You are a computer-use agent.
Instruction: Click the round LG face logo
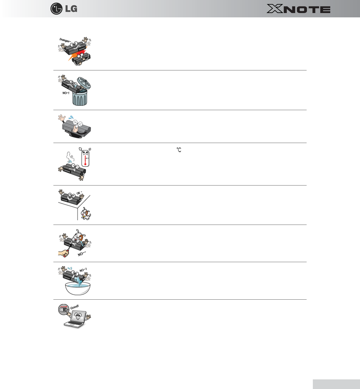(x=56, y=9)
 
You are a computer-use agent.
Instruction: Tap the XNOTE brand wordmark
(x=298, y=9)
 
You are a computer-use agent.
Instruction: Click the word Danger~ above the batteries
(x=65, y=40)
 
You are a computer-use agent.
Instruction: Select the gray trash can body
(x=80, y=97)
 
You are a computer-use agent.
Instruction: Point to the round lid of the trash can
(x=84, y=83)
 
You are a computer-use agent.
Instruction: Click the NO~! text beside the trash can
(x=66, y=93)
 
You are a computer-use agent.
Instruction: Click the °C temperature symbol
(x=179, y=150)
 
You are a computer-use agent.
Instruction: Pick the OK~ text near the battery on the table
(x=79, y=193)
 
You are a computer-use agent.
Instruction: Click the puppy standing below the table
(x=85, y=214)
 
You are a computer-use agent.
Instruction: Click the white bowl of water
(x=78, y=288)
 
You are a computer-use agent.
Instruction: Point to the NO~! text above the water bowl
(x=83, y=270)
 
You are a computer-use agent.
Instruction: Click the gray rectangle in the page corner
(x=336, y=384)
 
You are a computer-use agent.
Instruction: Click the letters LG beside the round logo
(x=71, y=9)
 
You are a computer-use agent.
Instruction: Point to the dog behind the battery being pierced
(x=78, y=237)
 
